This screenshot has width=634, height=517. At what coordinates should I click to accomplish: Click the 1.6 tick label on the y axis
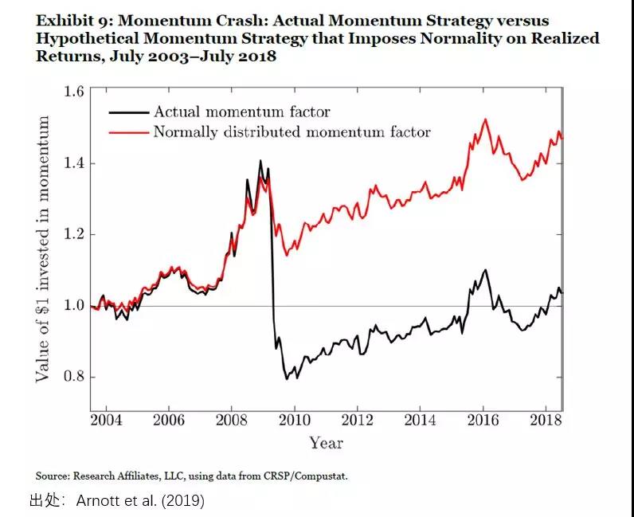(x=72, y=92)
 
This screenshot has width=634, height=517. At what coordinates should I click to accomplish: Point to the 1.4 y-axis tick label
(x=72, y=163)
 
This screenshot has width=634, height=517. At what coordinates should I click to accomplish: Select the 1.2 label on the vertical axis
(x=72, y=234)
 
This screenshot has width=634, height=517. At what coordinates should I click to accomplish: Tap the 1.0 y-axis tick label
(x=72, y=306)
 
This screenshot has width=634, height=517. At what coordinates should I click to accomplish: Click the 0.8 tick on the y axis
(x=72, y=377)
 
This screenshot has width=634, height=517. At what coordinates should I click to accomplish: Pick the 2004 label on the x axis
(x=106, y=420)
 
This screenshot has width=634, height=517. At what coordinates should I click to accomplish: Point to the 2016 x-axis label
(x=483, y=420)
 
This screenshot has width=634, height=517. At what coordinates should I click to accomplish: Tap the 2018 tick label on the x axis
(x=546, y=420)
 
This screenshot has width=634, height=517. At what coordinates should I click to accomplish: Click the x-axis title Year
(x=326, y=442)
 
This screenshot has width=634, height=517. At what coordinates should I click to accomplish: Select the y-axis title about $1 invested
(x=43, y=249)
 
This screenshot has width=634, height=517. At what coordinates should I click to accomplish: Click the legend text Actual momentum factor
(x=241, y=112)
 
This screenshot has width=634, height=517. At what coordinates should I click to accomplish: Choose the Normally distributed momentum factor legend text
(x=292, y=131)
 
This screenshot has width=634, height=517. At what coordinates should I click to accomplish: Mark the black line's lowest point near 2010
(x=287, y=378)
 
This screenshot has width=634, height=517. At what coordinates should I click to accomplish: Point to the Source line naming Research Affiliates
(x=191, y=476)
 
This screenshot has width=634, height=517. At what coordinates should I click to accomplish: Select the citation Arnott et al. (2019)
(x=140, y=500)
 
